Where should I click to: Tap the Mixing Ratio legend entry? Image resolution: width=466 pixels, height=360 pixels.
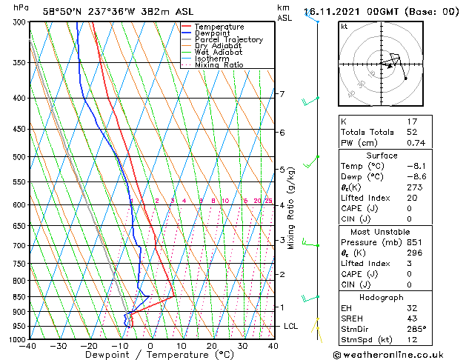pos(219,65)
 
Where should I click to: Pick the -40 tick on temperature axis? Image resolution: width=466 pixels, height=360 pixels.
pos(29,346)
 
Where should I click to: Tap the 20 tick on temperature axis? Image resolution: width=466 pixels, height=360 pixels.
pos(212,346)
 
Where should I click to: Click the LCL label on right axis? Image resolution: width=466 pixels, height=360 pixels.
pos(292,326)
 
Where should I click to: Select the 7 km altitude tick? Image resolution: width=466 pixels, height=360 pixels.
pos(282,94)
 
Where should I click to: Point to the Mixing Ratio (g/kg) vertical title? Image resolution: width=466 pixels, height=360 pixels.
pos(291,207)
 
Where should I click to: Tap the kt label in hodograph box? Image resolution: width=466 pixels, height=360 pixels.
pos(344,26)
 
